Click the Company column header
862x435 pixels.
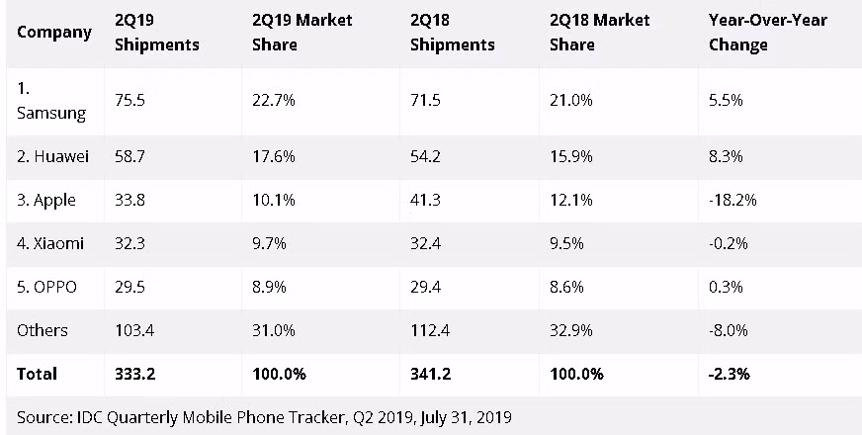click(x=54, y=32)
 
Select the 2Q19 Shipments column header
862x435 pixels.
click(x=156, y=32)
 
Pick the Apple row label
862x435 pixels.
click(x=46, y=200)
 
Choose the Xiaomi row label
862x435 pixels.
click(x=49, y=243)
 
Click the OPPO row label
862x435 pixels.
click(x=46, y=287)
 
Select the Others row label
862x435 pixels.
click(x=43, y=330)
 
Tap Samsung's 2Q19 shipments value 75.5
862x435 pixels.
click(x=130, y=100)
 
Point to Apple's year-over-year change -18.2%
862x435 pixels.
click(x=733, y=200)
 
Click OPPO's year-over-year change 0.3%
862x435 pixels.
click(x=727, y=287)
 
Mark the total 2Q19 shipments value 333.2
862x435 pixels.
click(x=136, y=374)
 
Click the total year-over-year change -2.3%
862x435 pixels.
click(x=731, y=374)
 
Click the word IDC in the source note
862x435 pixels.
click(x=86, y=416)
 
